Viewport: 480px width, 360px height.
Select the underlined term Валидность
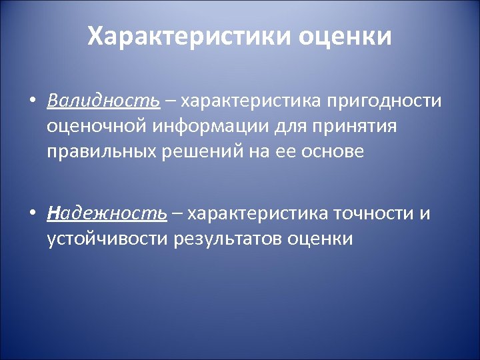103,101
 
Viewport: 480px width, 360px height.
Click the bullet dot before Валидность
31,101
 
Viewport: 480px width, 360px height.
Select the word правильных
101,151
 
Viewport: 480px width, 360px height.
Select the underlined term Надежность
107,213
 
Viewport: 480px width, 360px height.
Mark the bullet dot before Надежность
31,214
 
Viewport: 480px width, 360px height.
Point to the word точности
373,213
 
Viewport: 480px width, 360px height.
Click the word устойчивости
108,239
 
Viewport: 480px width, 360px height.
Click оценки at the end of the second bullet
321,239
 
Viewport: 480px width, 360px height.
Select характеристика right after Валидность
251,101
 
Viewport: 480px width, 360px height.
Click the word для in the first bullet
289,126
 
